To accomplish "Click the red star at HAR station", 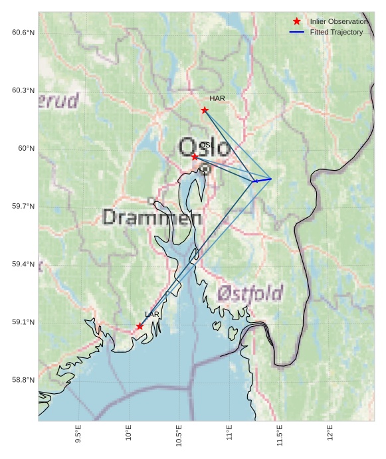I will (x=205, y=110).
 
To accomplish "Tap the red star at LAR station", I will (x=140, y=326).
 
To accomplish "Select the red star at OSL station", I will (x=195, y=157).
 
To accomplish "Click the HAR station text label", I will (x=217, y=98).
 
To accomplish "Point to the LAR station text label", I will (x=152, y=314).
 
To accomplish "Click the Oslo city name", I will (x=205, y=147).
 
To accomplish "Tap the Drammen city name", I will (x=153, y=217).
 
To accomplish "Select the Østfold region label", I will (x=250, y=293).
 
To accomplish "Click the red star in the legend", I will (x=297, y=21).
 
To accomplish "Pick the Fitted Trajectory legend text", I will (x=336, y=32).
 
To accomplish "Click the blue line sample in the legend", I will (x=297, y=32).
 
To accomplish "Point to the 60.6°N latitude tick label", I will (x=23, y=33).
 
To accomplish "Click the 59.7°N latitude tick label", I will (x=23, y=207).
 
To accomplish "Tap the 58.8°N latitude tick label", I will (x=23, y=380).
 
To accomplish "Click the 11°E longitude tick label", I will (x=229, y=432).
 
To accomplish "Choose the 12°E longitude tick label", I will (x=330, y=432).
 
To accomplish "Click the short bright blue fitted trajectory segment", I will (x=262, y=180).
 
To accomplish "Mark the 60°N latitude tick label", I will (x=26, y=149).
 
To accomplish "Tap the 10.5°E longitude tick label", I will (x=179, y=435).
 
